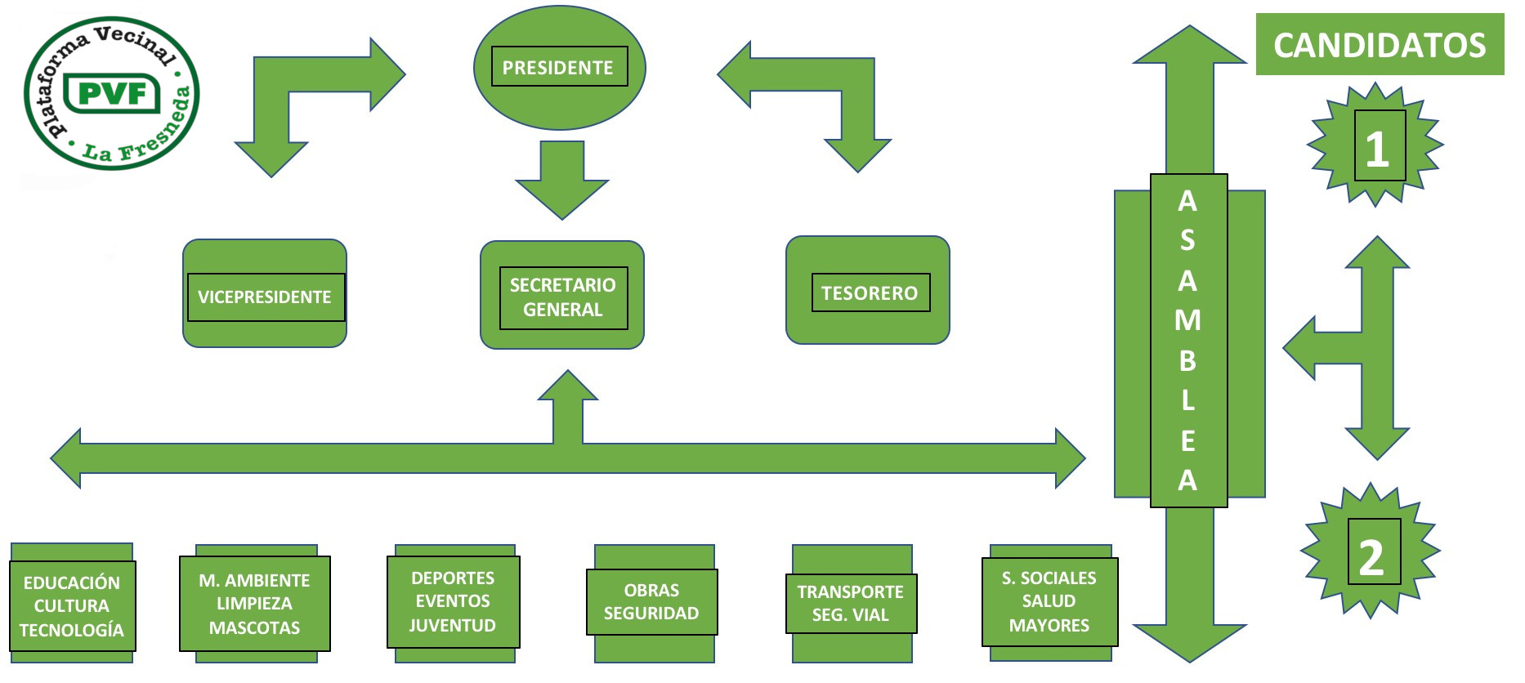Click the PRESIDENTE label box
pyautogui.click(x=559, y=67)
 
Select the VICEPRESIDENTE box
pyautogui.click(x=265, y=297)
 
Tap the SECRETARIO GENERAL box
pyautogui.click(x=563, y=297)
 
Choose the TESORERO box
pyautogui.click(x=870, y=292)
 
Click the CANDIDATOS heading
pyautogui.click(x=1380, y=45)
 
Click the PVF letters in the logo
pyautogui.click(x=112, y=94)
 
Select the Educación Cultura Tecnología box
pyautogui.click(x=72, y=605)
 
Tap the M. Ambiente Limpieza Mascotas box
pyautogui.click(x=254, y=604)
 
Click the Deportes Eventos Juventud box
pyautogui.click(x=453, y=601)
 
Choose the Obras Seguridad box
pyautogui.click(x=651, y=601)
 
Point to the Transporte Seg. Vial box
pyautogui.click(x=850, y=603)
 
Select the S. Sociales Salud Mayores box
pyautogui.click(x=1049, y=601)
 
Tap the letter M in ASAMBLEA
pyautogui.click(x=1187, y=320)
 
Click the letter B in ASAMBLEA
pyautogui.click(x=1187, y=360)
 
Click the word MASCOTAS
pyautogui.click(x=254, y=627)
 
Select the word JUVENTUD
pyautogui.click(x=453, y=625)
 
